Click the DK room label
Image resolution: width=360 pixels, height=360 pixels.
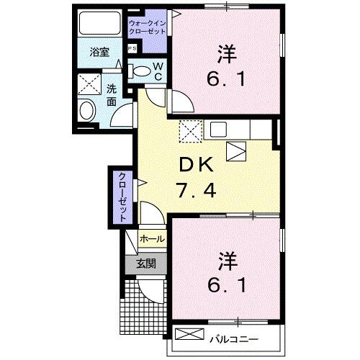coord(197,166)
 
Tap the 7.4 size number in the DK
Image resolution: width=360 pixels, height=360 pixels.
coord(197,192)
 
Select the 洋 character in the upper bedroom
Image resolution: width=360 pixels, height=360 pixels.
coord(225,52)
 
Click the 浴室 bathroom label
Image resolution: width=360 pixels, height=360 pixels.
coord(99,53)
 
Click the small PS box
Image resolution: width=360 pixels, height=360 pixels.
coord(132,48)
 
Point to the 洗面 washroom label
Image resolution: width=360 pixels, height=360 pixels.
coord(112,95)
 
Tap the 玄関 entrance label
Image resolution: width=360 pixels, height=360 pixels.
coord(146,264)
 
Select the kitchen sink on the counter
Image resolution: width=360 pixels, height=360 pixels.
coord(219,130)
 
